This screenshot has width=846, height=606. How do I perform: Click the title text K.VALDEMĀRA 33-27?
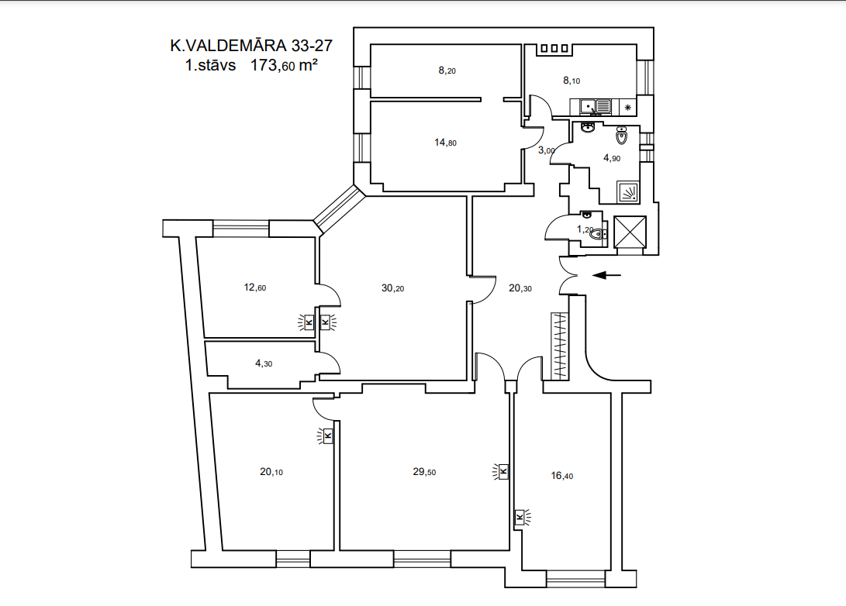[x=251, y=45]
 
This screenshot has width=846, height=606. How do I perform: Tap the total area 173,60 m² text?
[x=284, y=65]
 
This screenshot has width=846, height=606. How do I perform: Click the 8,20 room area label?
[x=447, y=70]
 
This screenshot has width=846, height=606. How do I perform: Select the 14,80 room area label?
[x=445, y=143]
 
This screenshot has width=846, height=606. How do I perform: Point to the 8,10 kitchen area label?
[x=571, y=81]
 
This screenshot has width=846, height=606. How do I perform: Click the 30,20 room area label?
[x=392, y=288]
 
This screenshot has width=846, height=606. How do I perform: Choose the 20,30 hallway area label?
[x=520, y=288]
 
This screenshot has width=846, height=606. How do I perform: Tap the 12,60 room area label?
[x=254, y=288]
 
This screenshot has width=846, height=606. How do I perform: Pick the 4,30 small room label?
[x=264, y=363]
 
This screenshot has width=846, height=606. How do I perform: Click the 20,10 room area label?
[x=271, y=472]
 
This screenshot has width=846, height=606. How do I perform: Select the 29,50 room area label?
[x=424, y=472]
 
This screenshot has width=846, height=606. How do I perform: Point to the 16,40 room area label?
[x=561, y=476]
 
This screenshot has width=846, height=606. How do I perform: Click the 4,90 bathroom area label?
[x=611, y=158]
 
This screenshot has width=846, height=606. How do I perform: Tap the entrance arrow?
[x=607, y=275]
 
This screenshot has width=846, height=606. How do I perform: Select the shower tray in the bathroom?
[x=627, y=192]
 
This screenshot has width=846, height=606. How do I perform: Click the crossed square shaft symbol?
[x=630, y=232]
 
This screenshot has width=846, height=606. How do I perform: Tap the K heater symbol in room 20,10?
[x=326, y=436]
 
